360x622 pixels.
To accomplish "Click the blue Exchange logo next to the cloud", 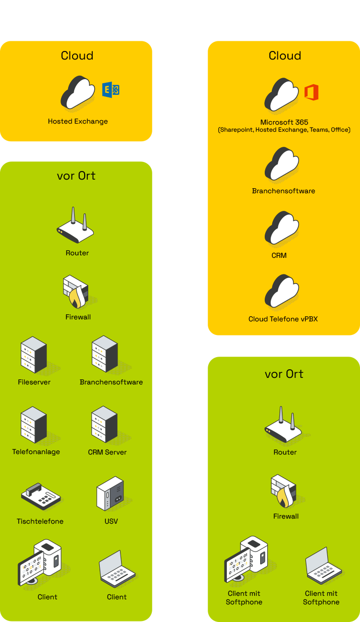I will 111,90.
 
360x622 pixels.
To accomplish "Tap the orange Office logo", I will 311,93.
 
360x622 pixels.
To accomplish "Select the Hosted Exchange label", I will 78,122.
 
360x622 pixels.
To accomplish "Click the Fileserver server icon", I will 34,355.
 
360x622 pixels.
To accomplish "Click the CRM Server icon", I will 104,425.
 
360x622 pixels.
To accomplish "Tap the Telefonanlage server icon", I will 34,425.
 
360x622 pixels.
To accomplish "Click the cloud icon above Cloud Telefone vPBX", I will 282,292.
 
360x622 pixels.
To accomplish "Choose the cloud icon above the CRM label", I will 282,229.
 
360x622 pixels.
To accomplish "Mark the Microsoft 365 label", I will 284,122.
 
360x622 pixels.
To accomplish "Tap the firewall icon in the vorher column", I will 76,292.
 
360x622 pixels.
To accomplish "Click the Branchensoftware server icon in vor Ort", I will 105,355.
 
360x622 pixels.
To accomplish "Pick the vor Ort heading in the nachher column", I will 284,374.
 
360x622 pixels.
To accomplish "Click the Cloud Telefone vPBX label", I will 283,319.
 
